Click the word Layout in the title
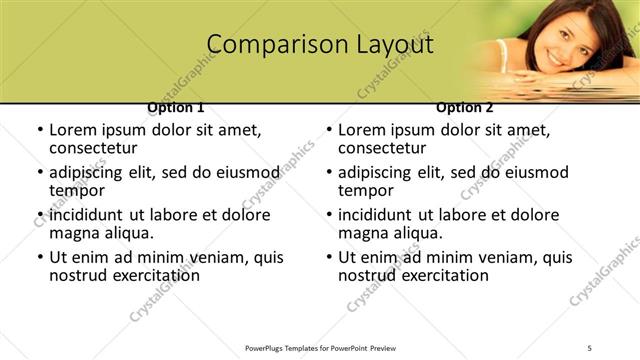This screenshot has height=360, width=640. [x=393, y=45]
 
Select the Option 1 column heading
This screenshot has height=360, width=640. [x=176, y=107]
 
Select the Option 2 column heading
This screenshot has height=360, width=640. [x=465, y=107]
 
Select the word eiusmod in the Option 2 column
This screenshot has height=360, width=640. [x=538, y=172]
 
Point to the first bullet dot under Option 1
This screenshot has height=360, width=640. [x=39, y=131]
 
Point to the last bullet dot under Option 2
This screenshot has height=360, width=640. [x=328, y=258]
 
